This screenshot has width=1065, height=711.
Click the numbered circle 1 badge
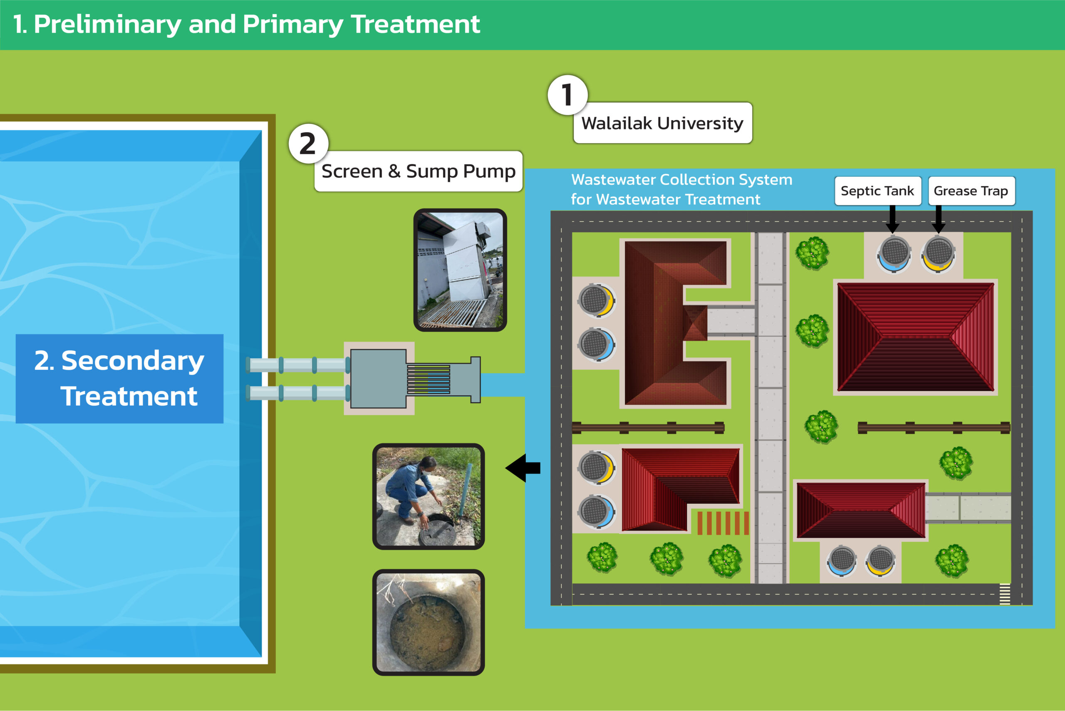coord(567,95)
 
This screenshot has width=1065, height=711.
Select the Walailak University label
coord(662,123)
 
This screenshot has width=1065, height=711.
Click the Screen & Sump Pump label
coord(418,171)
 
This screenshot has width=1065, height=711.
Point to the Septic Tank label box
coord(877,191)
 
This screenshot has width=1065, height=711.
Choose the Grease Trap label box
coord(971,191)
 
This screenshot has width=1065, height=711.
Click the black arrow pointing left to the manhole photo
coord(523,468)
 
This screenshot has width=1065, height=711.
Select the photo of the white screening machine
coord(460,270)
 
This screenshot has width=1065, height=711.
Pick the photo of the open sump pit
coord(428,622)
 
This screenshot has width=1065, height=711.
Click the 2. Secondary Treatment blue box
coord(119,379)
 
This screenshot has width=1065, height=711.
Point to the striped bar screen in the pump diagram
coord(428,379)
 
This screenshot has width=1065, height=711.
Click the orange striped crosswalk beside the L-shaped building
coord(723,523)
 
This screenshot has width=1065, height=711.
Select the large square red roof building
coord(915,337)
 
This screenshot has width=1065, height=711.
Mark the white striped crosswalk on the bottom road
coord(1005,594)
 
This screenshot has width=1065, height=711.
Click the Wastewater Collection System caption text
coord(681,189)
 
